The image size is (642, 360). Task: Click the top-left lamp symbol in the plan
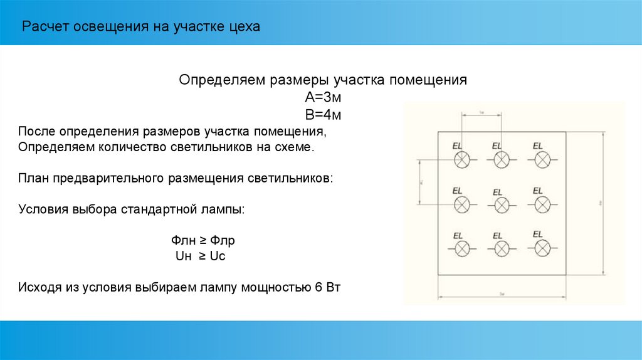click(462, 160)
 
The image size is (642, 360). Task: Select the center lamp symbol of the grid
click(502, 204)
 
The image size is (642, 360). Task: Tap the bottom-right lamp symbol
click(542, 248)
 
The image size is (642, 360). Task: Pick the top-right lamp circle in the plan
click(542, 160)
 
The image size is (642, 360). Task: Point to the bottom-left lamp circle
click(462, 248)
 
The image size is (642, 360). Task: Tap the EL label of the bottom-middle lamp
click(497, 236)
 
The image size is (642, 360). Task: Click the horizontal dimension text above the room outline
click(482, 112)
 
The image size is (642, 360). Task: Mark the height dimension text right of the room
click(600, 203)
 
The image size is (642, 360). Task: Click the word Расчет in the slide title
click(45, 27)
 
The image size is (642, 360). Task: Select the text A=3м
click(322, 98)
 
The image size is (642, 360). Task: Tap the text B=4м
click(322, 115)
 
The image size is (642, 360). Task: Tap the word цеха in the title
click(243, 27)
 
